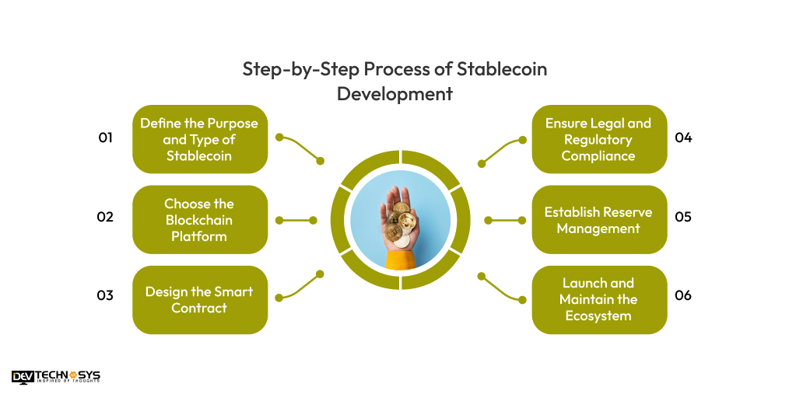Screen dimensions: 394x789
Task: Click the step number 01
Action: coord(105,138)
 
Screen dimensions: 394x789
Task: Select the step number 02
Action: coord(105,218)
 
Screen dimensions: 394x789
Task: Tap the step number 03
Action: coord(105,296)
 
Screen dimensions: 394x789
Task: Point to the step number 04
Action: coord(683,138)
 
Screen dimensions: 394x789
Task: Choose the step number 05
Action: coord(683,218)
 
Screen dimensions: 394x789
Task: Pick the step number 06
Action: coord(683,296)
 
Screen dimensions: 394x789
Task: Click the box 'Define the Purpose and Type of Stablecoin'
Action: coord(199,139)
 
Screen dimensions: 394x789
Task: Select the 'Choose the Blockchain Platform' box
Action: coord(199,219)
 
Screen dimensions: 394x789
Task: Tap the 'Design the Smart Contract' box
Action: coord(199,299)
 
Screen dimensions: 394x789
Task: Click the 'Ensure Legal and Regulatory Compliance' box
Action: coord(598,139)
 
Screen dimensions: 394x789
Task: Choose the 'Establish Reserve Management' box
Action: coord(598,219)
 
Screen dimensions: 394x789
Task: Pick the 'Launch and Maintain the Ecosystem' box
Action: coord(598,299)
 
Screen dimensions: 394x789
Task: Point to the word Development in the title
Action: coord(394,94)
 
